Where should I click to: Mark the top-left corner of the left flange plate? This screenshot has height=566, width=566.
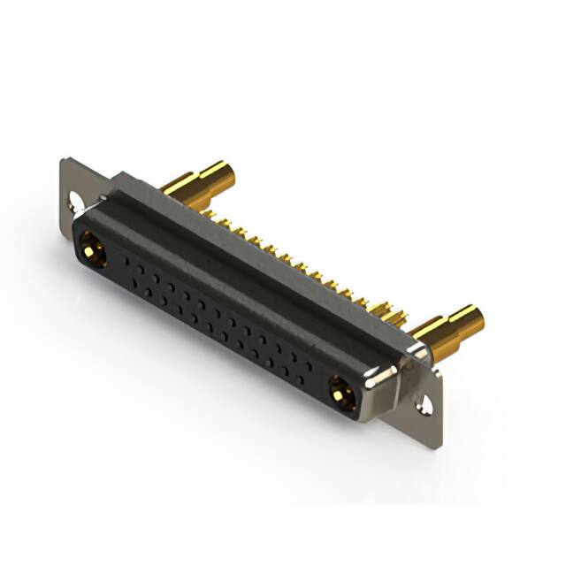[x=64, y=159]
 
